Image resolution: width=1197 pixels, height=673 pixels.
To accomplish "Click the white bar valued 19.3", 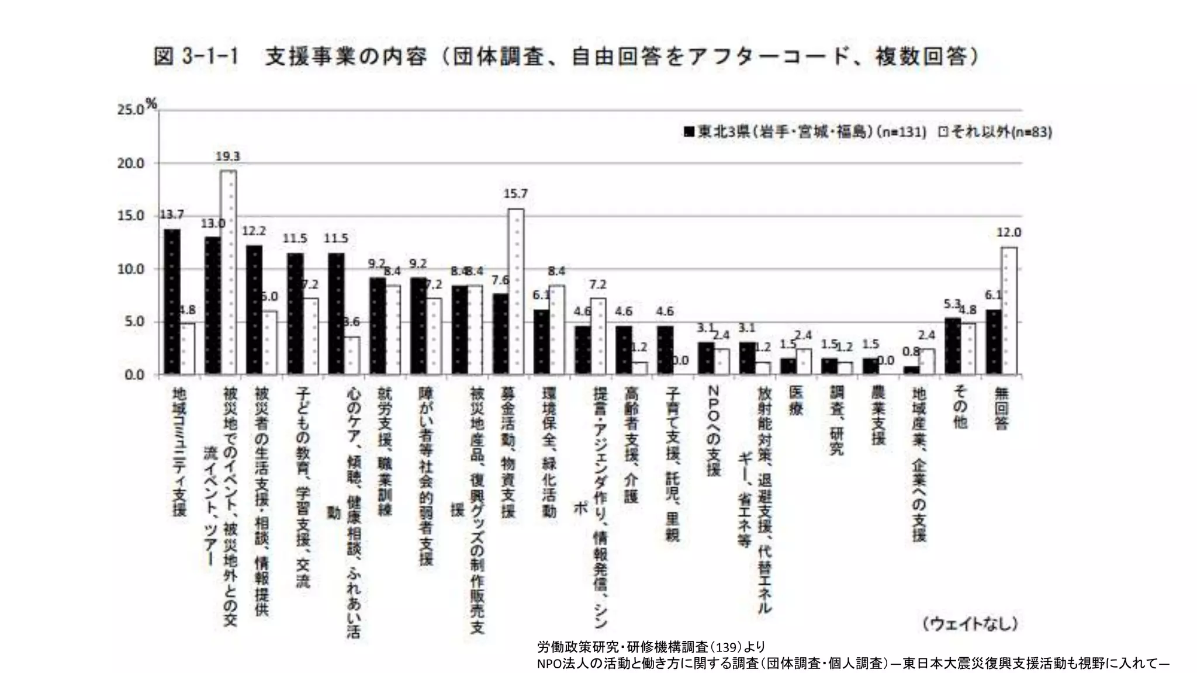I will click(229, 272).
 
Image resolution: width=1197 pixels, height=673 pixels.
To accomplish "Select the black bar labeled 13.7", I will click(172, 301).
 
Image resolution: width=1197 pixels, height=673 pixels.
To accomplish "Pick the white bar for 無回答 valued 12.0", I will click(1009, 310).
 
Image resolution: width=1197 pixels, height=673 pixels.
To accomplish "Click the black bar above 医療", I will click(788, 366).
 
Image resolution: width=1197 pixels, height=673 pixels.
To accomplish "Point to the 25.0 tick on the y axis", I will click(131, 110).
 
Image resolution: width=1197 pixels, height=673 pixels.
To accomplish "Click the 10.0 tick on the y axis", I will click(131, 269).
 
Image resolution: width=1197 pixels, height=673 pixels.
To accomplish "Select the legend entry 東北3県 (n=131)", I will click(805, 132).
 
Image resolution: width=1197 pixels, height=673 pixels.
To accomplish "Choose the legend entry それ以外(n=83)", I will click(995, 132).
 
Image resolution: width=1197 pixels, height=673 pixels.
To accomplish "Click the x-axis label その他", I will click(960, 407).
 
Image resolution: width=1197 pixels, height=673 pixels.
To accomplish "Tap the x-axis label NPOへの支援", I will click(714, 430).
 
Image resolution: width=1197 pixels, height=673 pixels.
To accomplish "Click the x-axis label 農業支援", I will click(878, 414).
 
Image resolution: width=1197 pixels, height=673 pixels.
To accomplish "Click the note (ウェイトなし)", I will click(971, 623).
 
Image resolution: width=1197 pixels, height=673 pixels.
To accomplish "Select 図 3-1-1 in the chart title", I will click(196, 57).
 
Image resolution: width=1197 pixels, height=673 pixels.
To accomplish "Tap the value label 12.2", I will click(254, 231).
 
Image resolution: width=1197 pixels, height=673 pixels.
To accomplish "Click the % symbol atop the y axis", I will click(152, 104).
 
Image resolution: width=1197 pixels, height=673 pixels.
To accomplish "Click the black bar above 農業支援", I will click(870, 366).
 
